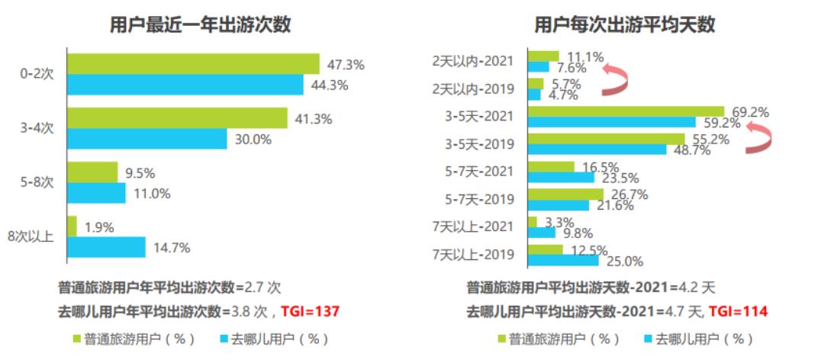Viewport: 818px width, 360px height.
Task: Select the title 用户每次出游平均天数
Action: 625,24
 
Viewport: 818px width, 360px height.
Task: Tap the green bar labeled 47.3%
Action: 193,63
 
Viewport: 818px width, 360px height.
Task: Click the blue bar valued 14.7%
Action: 106,247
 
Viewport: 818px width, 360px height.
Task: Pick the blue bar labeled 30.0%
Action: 147,139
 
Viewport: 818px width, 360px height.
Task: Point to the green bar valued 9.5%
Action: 92,172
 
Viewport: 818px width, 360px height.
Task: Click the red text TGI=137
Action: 310,311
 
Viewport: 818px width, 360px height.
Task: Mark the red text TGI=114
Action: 737,311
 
